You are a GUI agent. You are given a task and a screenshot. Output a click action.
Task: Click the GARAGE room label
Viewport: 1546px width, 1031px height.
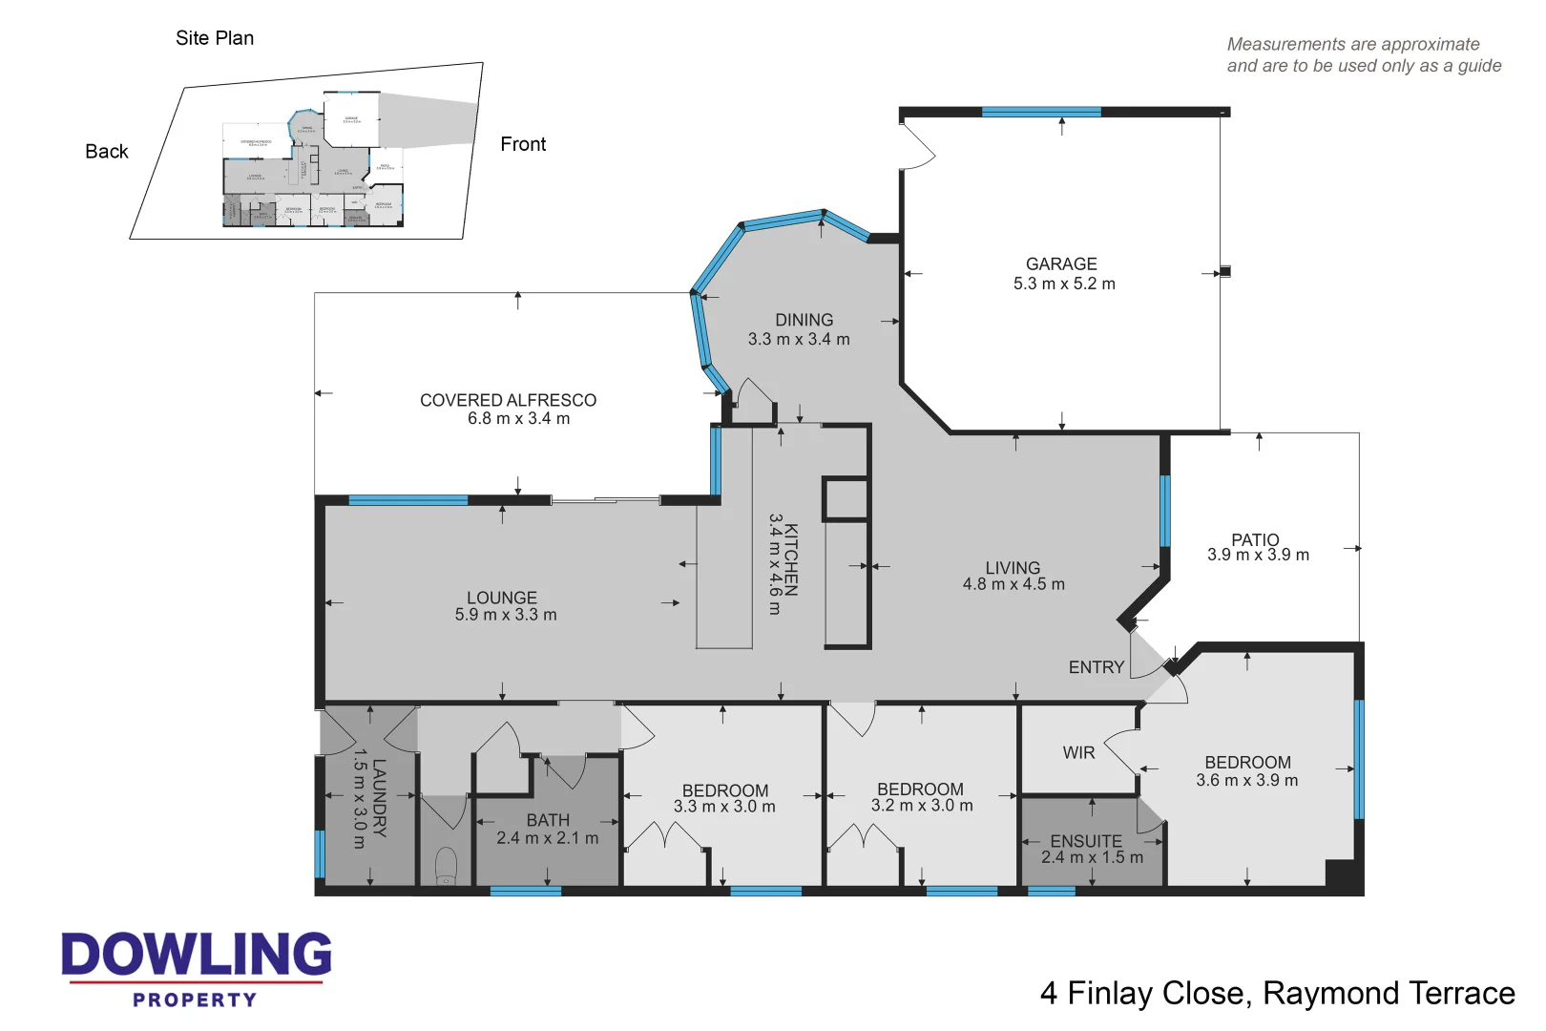point(1061,264)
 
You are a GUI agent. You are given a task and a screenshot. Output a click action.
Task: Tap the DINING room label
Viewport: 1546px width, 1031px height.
point(804,321)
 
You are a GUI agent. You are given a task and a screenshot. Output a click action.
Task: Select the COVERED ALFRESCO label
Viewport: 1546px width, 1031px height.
point(508,400)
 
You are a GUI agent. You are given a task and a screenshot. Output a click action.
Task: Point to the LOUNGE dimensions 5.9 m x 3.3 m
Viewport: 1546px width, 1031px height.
point(506,616)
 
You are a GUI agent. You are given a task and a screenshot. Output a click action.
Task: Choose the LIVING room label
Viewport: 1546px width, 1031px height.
point(1013,568)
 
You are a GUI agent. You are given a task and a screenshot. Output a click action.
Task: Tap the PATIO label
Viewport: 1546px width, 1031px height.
point(1255,539)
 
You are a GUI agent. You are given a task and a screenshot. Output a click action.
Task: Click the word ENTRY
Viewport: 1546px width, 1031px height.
point(1096,667)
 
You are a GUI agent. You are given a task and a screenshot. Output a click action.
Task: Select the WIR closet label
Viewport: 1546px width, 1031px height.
point(1078,753)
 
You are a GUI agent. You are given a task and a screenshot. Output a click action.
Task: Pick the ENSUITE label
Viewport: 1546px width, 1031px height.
point(1086,841)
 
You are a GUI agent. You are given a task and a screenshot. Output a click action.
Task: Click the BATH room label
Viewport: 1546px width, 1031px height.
point(548,820)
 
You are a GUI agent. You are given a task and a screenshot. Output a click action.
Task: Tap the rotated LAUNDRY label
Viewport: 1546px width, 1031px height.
point(379,798)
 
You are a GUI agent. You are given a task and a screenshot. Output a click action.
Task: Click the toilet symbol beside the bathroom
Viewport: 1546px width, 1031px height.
point(446,866)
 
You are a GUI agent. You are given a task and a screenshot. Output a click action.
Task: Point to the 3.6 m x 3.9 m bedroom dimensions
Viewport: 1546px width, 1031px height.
point(1246,781)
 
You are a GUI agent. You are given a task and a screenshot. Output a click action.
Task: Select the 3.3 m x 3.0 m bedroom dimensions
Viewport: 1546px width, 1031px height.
point(724,807)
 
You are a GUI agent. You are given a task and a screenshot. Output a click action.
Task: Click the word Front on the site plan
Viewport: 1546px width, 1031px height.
point(523,144)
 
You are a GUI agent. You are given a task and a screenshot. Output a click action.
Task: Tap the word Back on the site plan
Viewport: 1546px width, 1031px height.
point(107,152)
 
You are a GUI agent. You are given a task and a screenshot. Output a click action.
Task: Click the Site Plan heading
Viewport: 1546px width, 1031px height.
point(215,38)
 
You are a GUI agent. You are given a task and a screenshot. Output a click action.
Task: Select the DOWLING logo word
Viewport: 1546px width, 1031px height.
point(197,955)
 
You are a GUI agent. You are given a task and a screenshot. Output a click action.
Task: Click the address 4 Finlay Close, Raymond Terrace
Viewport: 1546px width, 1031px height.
point(1277,994)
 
